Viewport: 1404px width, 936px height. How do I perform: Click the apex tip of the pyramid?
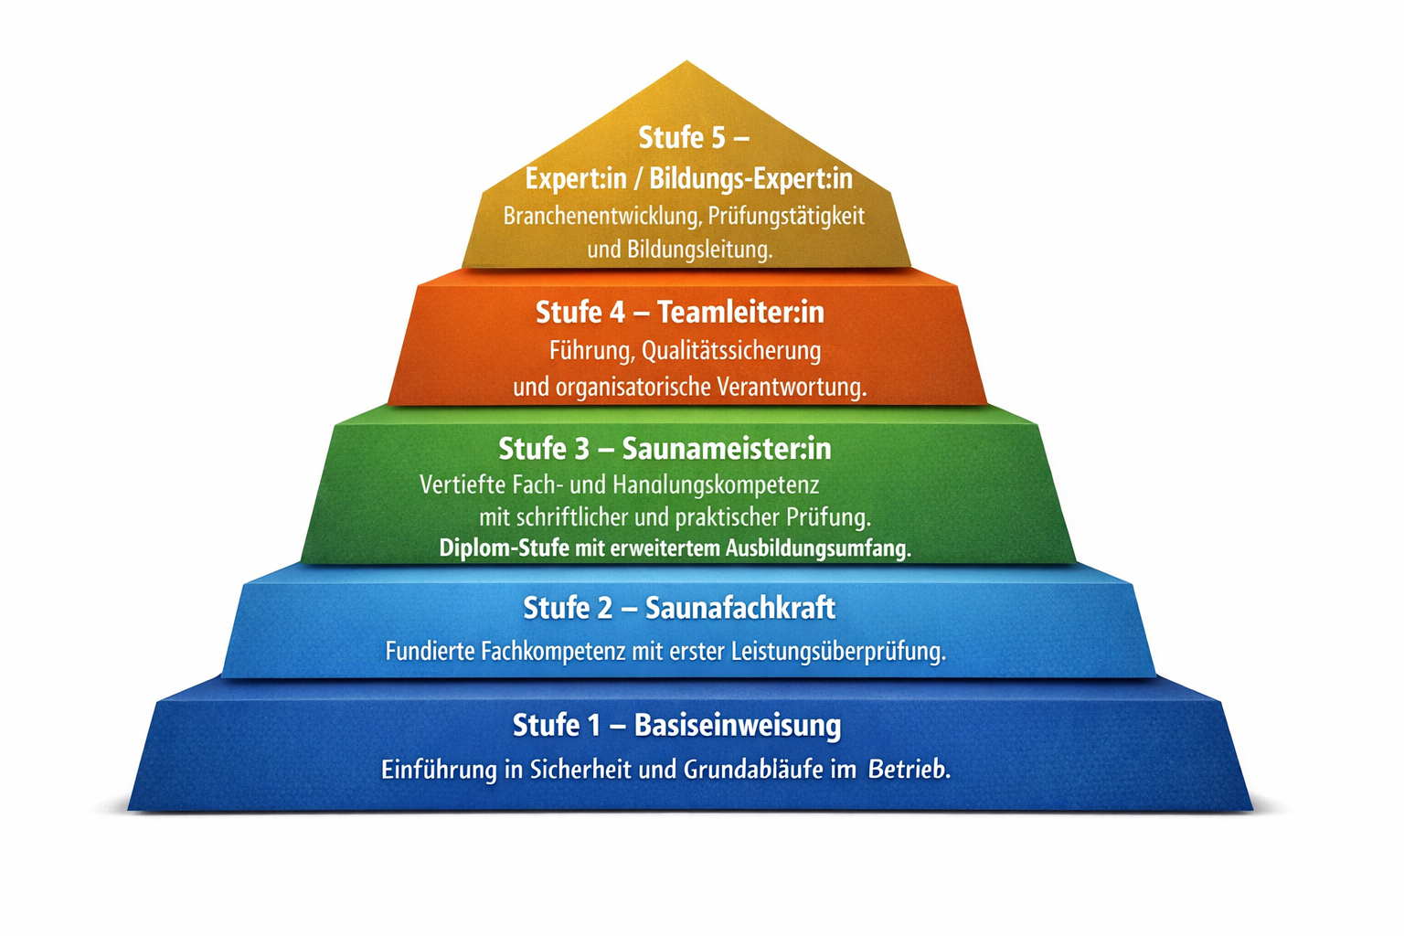coord(686,61)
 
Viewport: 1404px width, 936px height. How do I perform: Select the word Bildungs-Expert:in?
coord(750,178)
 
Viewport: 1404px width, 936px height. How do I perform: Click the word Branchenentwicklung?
coord(602,217)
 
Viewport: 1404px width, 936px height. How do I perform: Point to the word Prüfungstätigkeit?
coord(787,217)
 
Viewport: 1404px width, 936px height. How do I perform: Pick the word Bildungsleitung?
coord(700,250)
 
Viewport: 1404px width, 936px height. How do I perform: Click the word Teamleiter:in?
coord(741,313)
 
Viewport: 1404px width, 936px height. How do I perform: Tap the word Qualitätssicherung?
coord(731,351)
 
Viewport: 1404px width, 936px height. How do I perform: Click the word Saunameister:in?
coord(727,449)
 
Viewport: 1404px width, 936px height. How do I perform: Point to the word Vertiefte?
coord(463,484)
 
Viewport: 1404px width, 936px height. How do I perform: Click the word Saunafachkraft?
coord(740,608)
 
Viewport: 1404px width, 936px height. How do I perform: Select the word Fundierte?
coord(431,652)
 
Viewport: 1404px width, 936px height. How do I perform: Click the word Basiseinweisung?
coord(738,726)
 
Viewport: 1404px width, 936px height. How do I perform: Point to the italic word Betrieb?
coord(909,770)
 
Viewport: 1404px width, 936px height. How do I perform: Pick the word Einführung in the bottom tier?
coord(439,770)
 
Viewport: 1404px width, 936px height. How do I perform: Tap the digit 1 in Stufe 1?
coord(592,726)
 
